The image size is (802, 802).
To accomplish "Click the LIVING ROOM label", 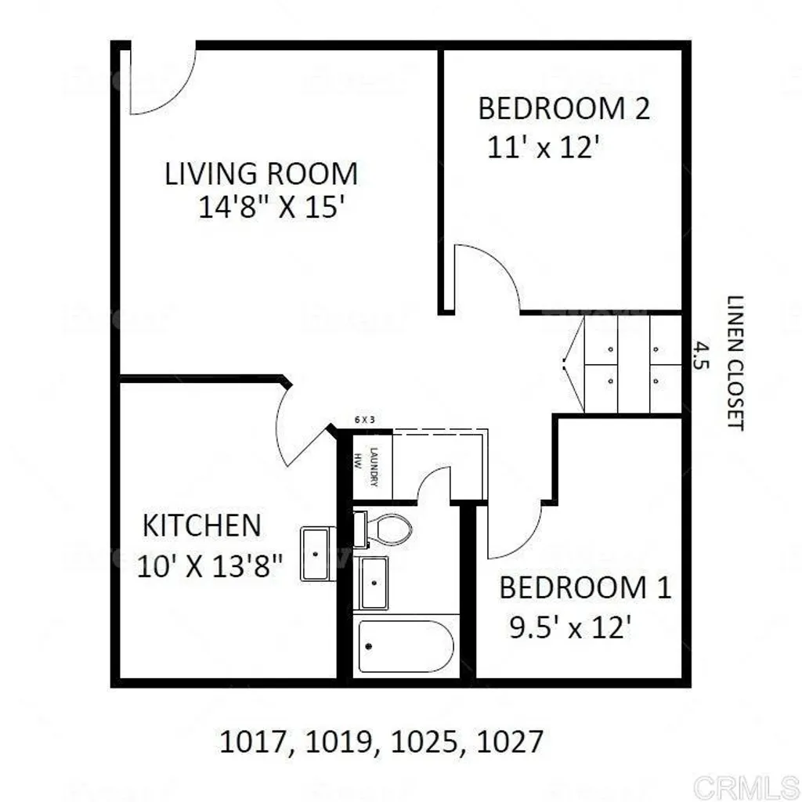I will click(261, 173).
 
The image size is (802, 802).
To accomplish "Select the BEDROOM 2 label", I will click(563, 109).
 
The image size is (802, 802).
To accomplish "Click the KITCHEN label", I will click(201, 525).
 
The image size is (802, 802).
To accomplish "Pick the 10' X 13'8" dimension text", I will click(209, 565).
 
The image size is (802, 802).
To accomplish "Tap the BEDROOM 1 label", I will click(585, 587).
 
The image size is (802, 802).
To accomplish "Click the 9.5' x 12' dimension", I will click(570, 627).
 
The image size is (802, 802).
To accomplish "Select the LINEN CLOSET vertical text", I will click(734, 362).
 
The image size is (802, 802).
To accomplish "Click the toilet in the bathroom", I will click(385, 529).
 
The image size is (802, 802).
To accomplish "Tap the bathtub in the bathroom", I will click(406, 647).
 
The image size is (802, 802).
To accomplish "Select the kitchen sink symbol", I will click(317, 553).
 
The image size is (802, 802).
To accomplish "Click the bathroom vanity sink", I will click(373, 583).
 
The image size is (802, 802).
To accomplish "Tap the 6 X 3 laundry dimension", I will click(365, 420).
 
